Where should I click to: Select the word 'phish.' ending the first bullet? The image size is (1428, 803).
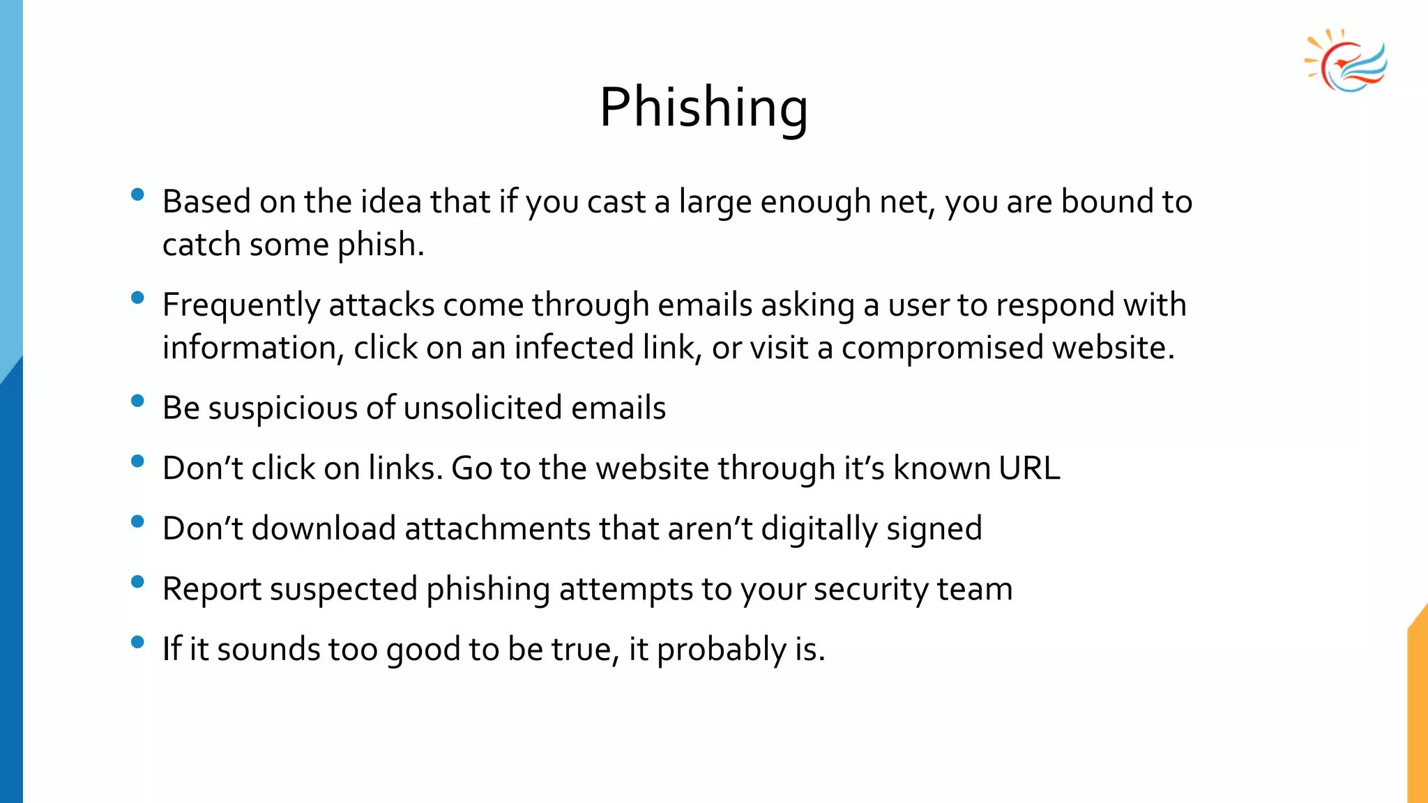click(381, 245)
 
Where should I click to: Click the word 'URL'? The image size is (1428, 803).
click(1029, 468)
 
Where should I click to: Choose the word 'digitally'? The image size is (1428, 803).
click(819, 528)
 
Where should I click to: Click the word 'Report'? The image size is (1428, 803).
click(212, 589)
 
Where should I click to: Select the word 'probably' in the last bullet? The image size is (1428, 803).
click(722, 650)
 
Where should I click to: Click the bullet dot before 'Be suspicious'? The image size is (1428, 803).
click(137, 401)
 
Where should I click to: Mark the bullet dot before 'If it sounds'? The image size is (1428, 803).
click(137, 642)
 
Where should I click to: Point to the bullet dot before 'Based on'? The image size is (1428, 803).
click(137, 194)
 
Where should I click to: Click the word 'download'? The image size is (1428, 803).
click(324, 528)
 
